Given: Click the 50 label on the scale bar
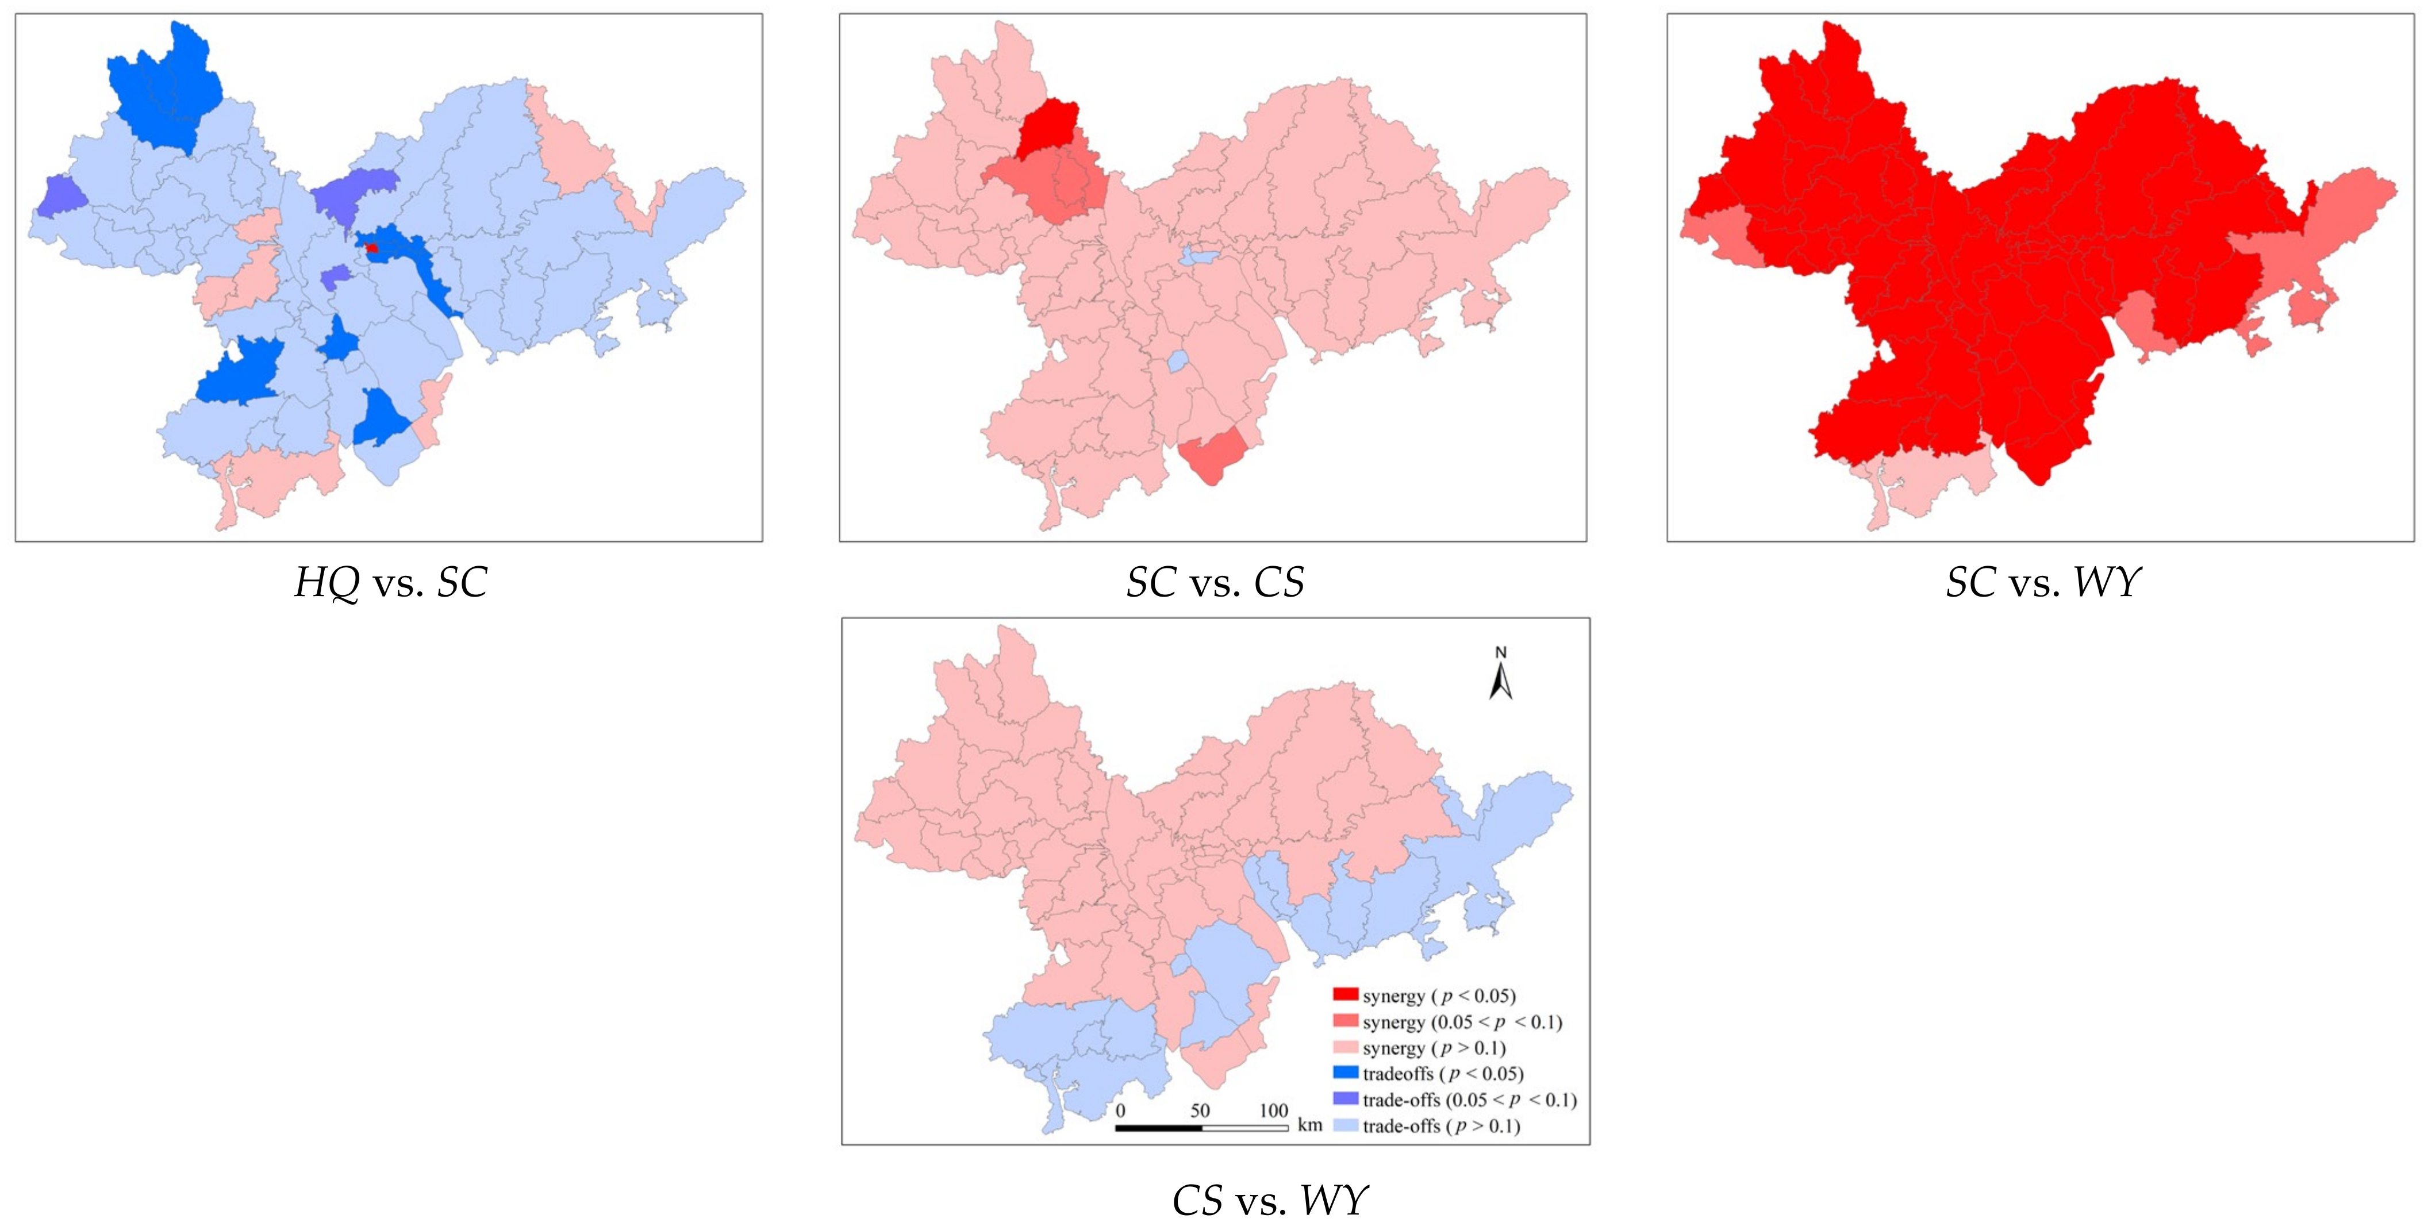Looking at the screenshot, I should pos(1200,1110).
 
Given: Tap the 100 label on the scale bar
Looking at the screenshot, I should pos(1273,1110).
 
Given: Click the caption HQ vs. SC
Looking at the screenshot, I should pos(390,582).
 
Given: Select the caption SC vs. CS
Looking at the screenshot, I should pos(1215,582).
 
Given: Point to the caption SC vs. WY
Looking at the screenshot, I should pos(2042,582).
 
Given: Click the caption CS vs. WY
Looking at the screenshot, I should pos(1269,1201).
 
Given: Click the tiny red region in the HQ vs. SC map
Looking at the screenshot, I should pos(372,248).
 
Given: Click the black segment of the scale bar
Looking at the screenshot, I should pos(1158,1127).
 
